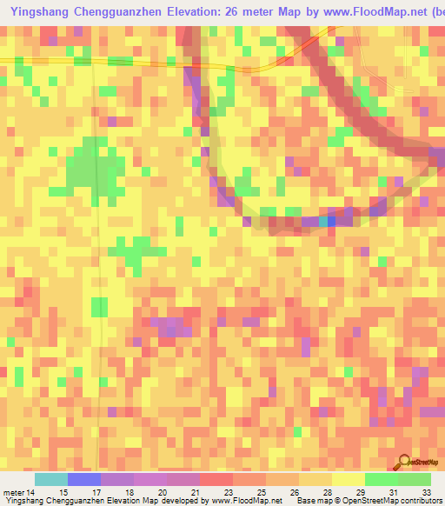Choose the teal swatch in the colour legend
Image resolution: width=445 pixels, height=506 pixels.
(51, 479)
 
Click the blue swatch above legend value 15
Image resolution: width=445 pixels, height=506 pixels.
(84, 479)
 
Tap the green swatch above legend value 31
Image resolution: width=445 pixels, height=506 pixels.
(382, 479)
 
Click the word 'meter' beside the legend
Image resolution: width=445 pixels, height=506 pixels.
(16, 492)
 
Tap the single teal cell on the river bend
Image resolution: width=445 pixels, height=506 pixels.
(325, 222)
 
